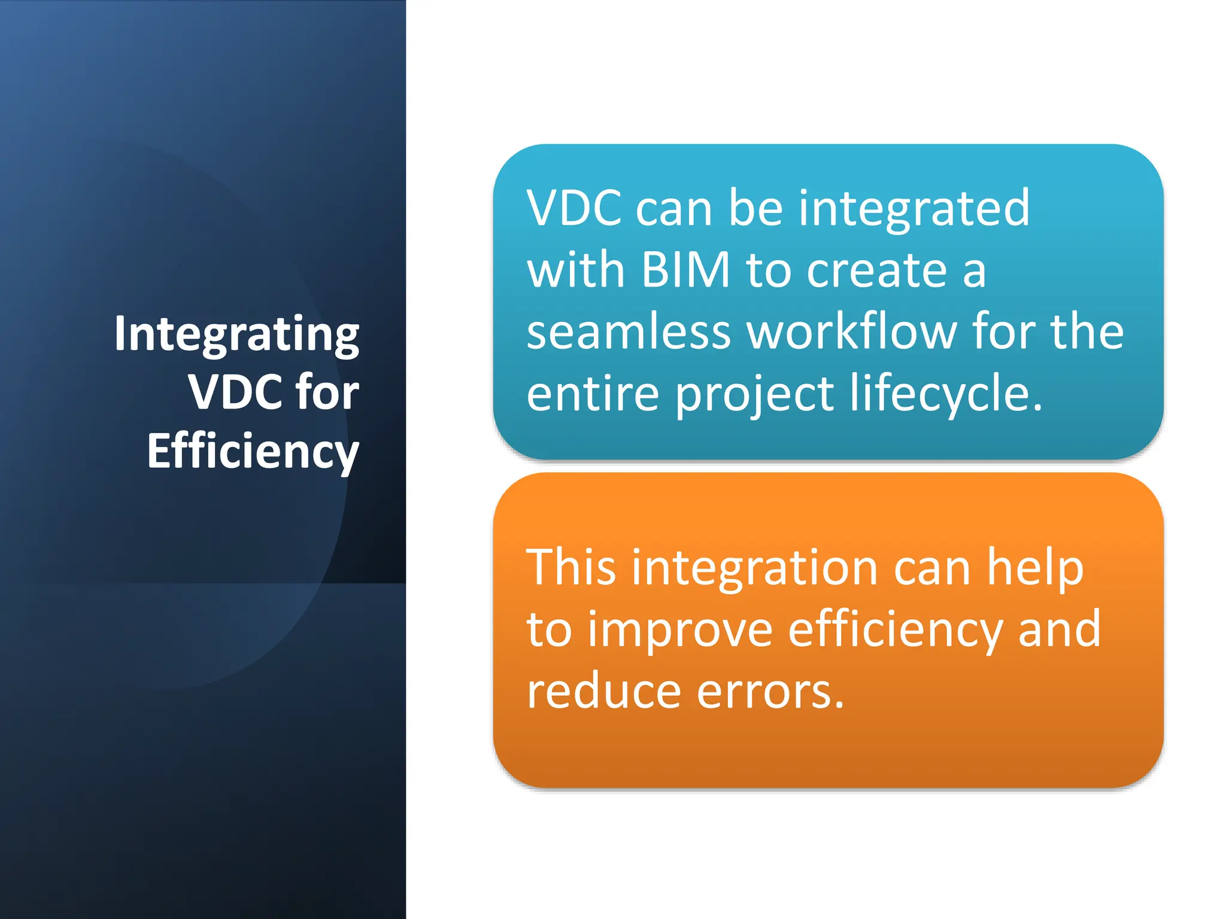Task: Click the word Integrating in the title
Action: click(236, 335)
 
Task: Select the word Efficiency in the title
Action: click(253, 452)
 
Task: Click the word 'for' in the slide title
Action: click(327, 392)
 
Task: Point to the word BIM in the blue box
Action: click(685, 270)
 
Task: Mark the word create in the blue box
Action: click(876, 270)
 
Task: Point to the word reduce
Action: click(603, 692)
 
